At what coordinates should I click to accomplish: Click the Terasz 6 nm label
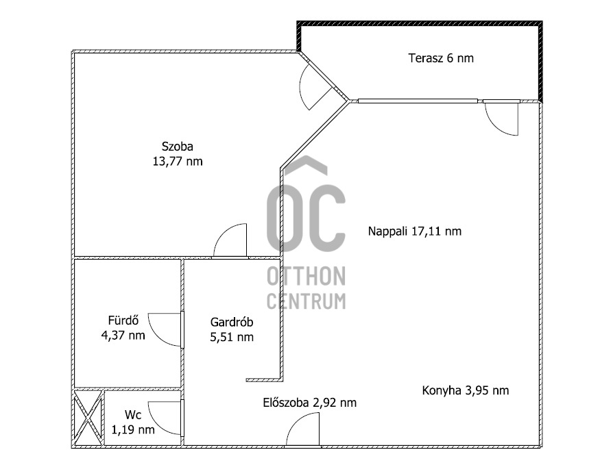pyautogui.click(x=441, y=58)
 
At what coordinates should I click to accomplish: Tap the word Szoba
pyautogui.click(x=178, y=146)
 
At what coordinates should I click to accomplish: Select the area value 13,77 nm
pyautogui.click(x=178, y=162)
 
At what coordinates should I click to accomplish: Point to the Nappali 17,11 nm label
pyautogui.click(x=415, y=231)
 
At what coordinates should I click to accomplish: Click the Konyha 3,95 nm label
pyautogui.click(x=465, y=390)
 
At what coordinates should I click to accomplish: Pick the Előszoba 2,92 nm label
pyautogui.click(x=310, y=403)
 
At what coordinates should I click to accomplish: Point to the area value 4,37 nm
pyautogui.click(x=123, y=336)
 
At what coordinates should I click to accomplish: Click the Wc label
pyautogui.click(x=133, y=415)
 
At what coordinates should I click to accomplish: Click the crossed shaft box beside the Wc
pyautogui.click(x=88, y=418)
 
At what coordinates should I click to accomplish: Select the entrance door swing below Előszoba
pyautogui.click(x=302, y=433)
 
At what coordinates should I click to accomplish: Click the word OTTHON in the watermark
pyautogui.click(x=306, y=277)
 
